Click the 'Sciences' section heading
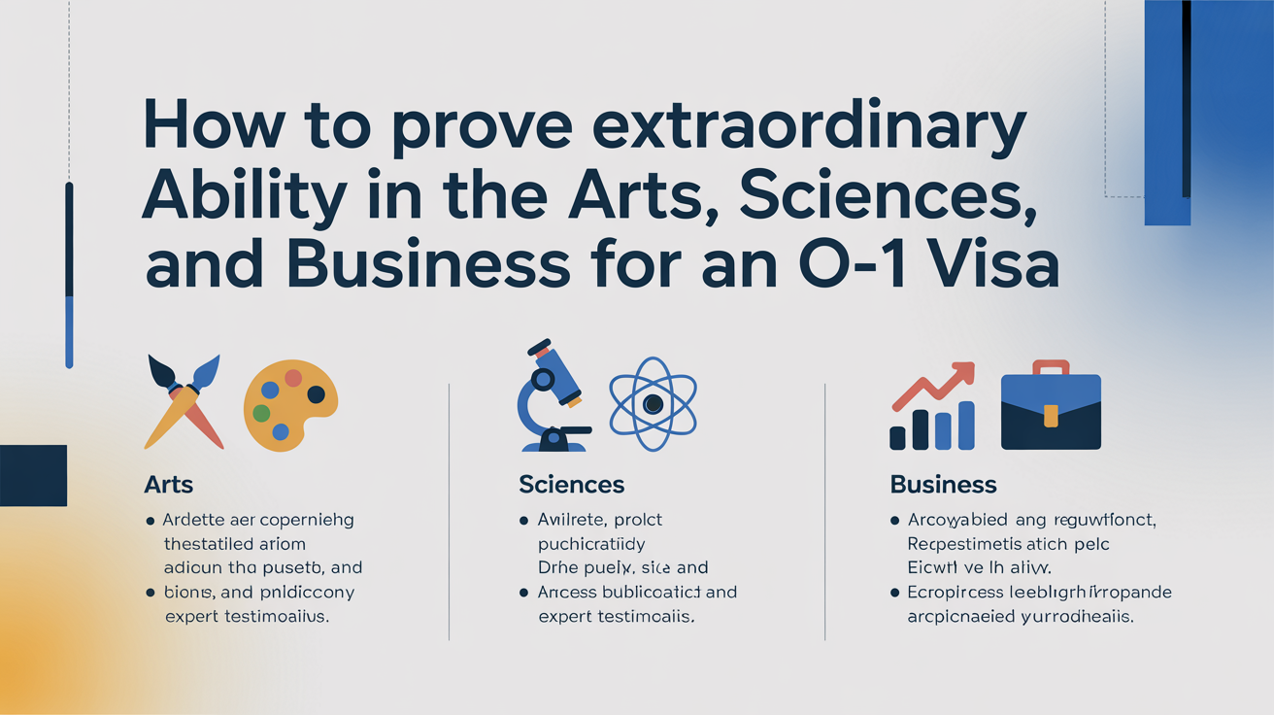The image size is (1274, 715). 572,484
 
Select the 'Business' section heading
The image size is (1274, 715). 943,484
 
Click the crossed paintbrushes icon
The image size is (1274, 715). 183,401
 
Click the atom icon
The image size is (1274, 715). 653,404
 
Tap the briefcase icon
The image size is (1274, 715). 1051,406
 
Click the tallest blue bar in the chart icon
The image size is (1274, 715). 965,426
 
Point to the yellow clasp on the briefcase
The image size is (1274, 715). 1051,415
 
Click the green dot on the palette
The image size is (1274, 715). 261,413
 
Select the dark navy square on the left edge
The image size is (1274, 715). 32,475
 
